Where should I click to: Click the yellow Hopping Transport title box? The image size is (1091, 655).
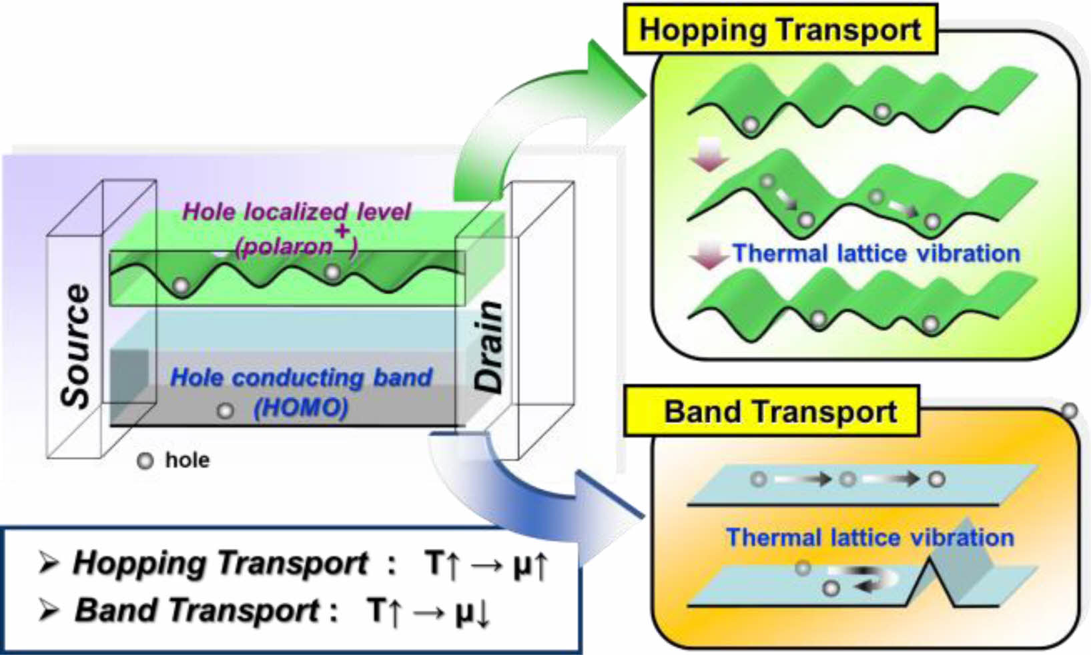click(780, 29)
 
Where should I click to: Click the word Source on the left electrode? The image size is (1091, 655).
click(75, 345)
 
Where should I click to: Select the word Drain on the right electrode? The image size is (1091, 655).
click(488, 346)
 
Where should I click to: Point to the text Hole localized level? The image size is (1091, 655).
click(296, 212)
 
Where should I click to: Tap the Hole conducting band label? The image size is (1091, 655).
click(301, 378)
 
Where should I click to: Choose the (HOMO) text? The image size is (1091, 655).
click(301, 407)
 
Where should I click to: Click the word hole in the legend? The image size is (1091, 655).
click(187, 460)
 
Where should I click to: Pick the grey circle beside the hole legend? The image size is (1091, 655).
click(145, 461)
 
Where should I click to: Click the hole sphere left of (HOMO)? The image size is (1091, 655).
click(226, 410)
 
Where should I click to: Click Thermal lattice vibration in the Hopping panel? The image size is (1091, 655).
click(876, 253)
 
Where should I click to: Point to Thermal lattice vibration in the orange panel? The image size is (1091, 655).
click(870, 538)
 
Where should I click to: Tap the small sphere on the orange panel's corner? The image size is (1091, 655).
click(1070, 410)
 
